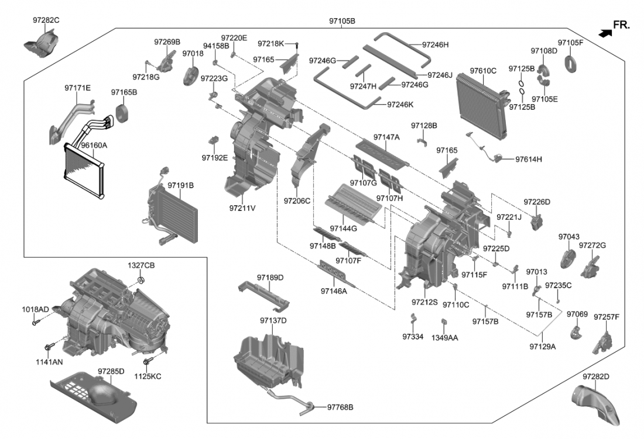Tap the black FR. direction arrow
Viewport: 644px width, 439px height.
(605, 34)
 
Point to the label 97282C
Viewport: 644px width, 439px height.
(46, 20)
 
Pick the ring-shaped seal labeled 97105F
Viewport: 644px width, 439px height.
(571, 62)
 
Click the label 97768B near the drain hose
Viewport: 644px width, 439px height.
(340, 407)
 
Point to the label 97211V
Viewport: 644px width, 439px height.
(242, 208)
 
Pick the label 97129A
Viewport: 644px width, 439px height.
(543, 346)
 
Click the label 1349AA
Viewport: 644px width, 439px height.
(445, 337)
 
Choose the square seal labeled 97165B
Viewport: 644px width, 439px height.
(124, 113)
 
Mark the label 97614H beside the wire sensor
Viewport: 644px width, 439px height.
(529, 159)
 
